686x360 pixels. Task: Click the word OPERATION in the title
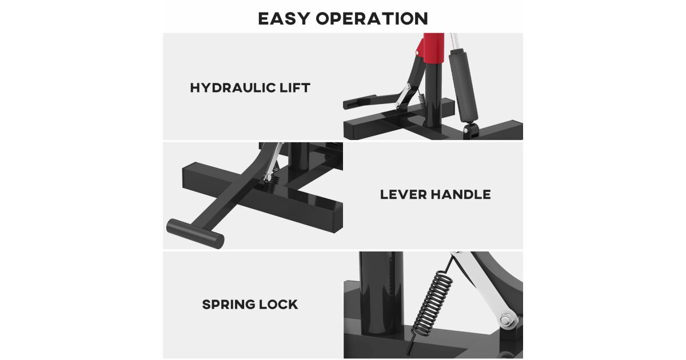click(x=372, y=18)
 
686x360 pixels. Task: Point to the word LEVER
click(x=402, y=195)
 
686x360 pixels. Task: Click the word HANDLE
click(x=461, y=195)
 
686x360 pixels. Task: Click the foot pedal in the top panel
click(x=359, y=102)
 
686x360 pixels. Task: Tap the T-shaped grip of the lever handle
click(x=195, y=234)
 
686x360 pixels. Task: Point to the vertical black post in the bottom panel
click(x=381, y=294)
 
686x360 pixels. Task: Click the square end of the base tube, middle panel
click(x=337, y=217)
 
